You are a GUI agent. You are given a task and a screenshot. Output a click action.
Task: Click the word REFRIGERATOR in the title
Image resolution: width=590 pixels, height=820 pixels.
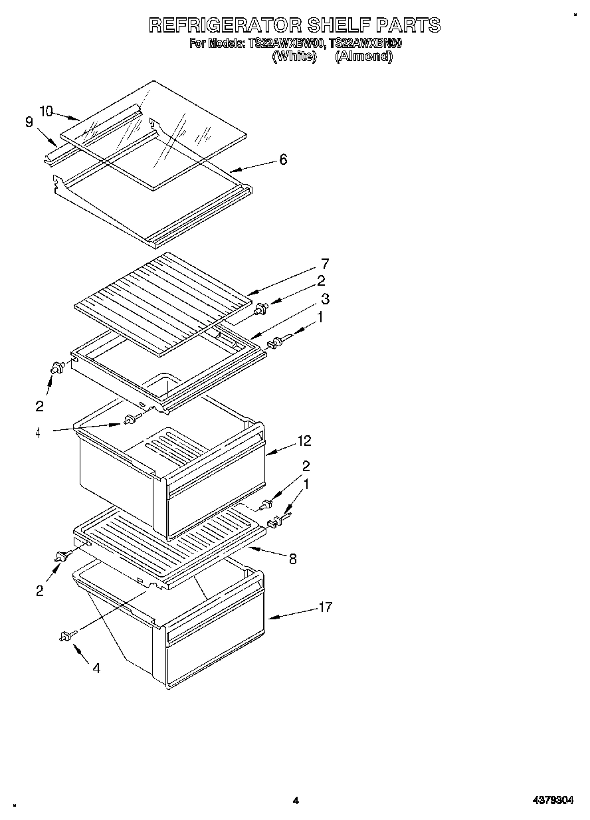coord(225,25)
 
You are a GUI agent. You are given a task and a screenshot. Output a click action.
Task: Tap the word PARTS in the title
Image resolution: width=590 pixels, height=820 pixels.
coord(409,25)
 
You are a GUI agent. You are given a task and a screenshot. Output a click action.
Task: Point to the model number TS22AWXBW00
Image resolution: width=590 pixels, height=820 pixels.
coord(286,44)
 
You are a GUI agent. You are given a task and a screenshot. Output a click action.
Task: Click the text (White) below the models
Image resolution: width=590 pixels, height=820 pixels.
coord(294,56)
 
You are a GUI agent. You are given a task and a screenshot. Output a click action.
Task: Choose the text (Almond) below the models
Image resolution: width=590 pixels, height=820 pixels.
coord(363,56)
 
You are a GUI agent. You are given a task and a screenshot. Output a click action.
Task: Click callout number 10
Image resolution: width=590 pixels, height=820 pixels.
coord(45,111)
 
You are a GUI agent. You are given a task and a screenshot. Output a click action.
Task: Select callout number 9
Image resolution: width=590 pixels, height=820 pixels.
coord(29,122)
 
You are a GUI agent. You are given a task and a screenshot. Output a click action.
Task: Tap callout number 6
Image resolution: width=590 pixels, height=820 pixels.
coord(283,159)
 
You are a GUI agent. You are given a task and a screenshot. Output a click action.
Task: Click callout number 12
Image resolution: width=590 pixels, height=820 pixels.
coord(304,441)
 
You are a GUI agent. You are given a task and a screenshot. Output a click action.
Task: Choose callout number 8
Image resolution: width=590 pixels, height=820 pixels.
coord(292,559)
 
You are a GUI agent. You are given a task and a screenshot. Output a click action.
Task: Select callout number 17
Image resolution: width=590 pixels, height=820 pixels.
coord(325,607)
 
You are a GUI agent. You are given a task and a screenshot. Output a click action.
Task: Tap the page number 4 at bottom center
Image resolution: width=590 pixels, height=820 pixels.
coord(296,801)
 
